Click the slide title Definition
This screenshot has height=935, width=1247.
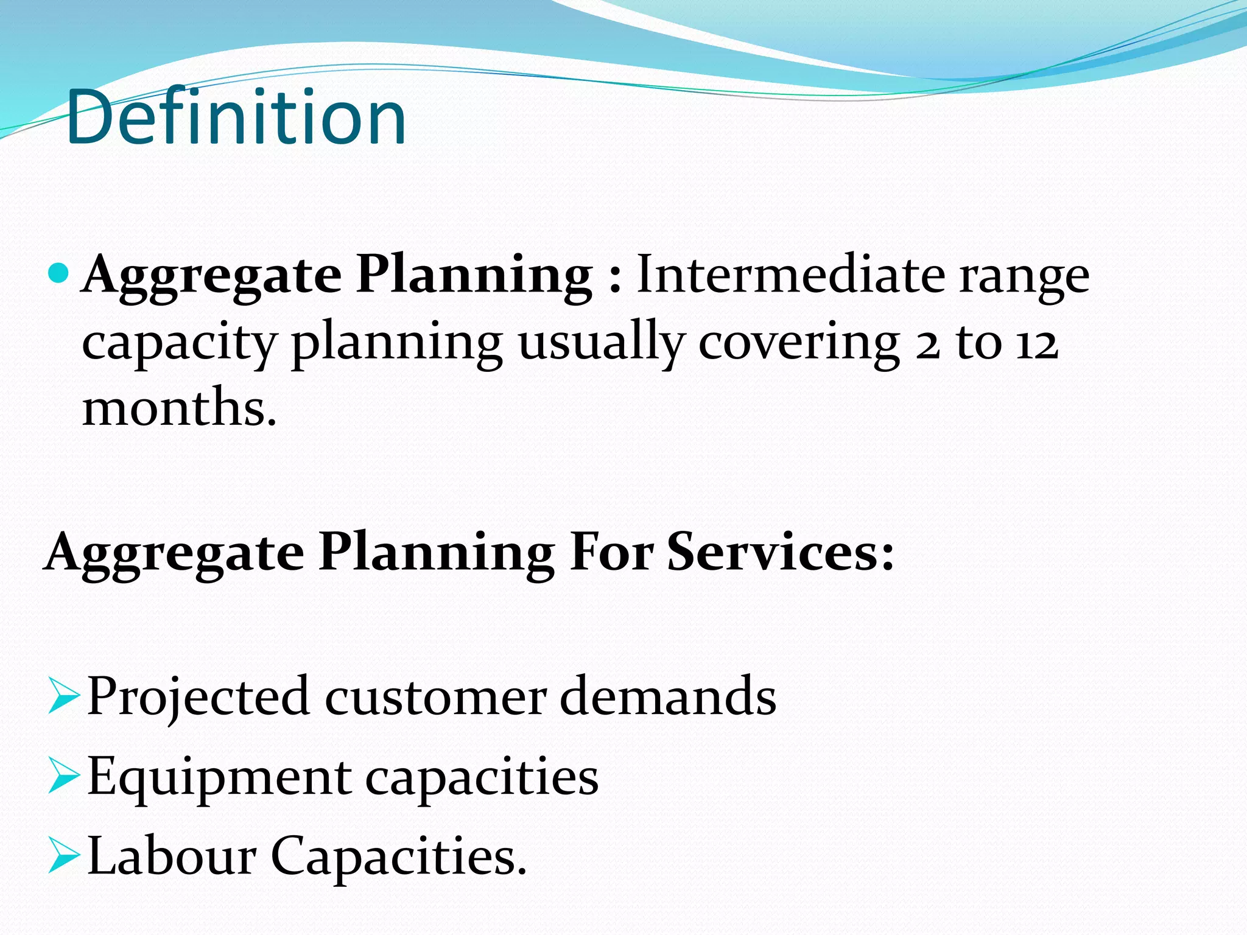(236, 117)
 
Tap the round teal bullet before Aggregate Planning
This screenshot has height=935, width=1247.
(59, 273)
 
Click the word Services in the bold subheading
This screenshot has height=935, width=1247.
(781, 552)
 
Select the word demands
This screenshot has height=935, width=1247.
(668, 696)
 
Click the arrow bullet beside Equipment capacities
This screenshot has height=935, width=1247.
(63, 777)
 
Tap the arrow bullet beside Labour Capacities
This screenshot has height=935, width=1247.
(63, 856)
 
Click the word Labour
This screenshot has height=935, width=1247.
(172, 855)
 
